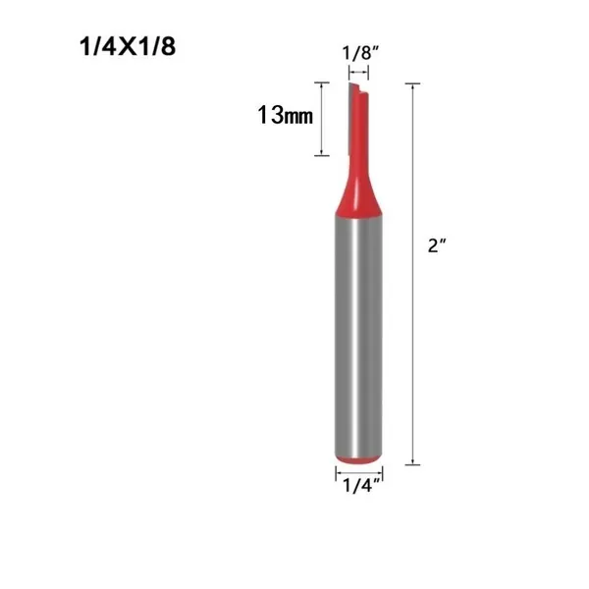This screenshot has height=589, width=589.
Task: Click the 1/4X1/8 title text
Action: (128, 47)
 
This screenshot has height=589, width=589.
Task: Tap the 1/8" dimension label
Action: (360, 53)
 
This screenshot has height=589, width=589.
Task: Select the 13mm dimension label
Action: (285, 115)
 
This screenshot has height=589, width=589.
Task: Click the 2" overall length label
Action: (436, 245)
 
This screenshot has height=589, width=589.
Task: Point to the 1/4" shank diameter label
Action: (362, 486)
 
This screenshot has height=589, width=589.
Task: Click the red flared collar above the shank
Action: (358, 195)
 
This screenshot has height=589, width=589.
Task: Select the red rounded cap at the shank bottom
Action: (358, 459)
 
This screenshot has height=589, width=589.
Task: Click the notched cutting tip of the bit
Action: (358, 88)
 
